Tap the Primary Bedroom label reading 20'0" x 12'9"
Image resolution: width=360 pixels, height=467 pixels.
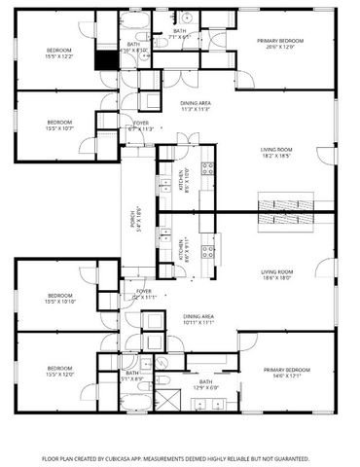pyautogui.click(x=280, y=43)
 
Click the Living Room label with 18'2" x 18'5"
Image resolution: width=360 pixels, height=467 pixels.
pyautogui.click(x=276, y=152)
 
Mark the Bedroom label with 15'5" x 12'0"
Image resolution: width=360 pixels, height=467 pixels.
pyautogui.click(x=59, y=371)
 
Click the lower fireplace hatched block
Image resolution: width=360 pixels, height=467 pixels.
pyautogui.click(x=287, y=221)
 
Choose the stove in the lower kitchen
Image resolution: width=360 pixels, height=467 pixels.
pyautogui.click(x=206, y=252)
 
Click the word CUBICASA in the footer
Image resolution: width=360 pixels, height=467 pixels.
pyautogui.click(x=138, y=456)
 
